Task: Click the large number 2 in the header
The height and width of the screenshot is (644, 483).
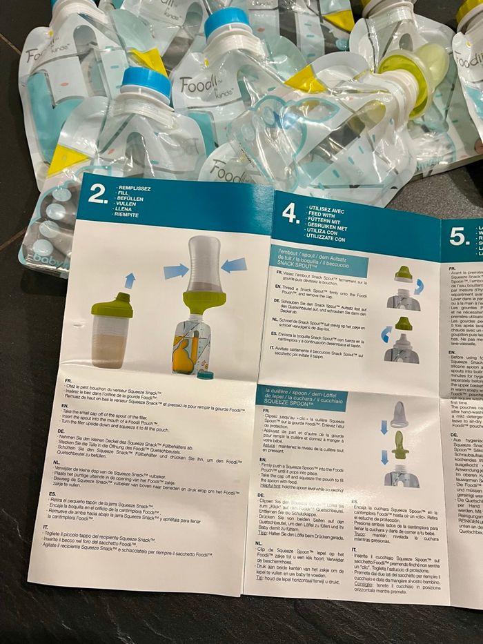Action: (x=98, y=193)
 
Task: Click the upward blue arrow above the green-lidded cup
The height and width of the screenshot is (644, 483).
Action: (x=130, y=280)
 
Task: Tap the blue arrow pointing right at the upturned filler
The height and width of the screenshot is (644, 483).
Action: (x=175, y=271)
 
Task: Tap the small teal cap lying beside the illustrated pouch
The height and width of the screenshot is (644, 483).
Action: (x=204, y=375)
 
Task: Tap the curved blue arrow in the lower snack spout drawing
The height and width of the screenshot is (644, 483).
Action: (x=386, y=335)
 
